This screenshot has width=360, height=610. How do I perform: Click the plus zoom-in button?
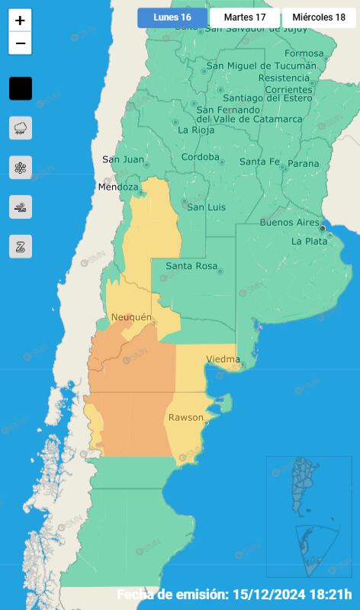coord(21,21)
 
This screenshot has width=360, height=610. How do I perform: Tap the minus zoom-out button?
coord(21,43)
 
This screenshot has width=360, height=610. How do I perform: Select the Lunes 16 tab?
coord(172,18)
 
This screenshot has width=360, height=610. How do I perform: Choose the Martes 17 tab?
coord(245,18)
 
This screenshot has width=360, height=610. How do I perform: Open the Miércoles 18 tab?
coord(319,18)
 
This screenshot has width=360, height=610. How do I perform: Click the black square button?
coord(21,88)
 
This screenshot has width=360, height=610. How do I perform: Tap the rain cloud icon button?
coord(21,128)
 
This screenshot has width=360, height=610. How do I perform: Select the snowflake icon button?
coord(21,168)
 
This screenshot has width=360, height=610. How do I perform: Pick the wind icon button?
coord(21,207)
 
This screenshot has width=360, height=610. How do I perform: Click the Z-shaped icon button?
coord(21,246)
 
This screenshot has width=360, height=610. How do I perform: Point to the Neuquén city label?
coord(131,317)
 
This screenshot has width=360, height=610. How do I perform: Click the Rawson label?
coord(185,418)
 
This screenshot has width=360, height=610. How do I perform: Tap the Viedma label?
coord(223,359)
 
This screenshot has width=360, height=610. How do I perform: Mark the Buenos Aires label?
coord(289,223)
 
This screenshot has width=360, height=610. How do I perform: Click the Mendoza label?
coord(117,187)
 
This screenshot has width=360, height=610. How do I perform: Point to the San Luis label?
coord(205,207)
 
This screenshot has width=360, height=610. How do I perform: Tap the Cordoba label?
coord(200,158)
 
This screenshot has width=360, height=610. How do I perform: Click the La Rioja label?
coord(194,130)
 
